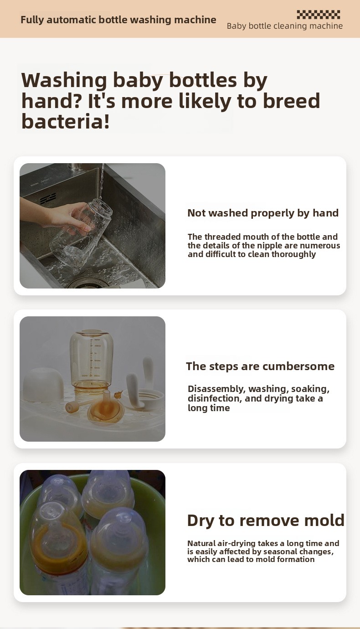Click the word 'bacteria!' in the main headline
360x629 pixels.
coord(66,122)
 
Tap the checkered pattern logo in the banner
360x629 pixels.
coord(319,15)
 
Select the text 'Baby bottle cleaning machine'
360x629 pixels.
coord(285,26)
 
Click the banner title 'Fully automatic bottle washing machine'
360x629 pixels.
coord(118,20)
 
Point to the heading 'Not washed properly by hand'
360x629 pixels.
coord(263,213)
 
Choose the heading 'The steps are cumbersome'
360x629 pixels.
coord(260,366)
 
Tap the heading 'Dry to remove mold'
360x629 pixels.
coord(266,520)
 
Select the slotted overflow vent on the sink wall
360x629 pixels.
coord(48,199)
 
